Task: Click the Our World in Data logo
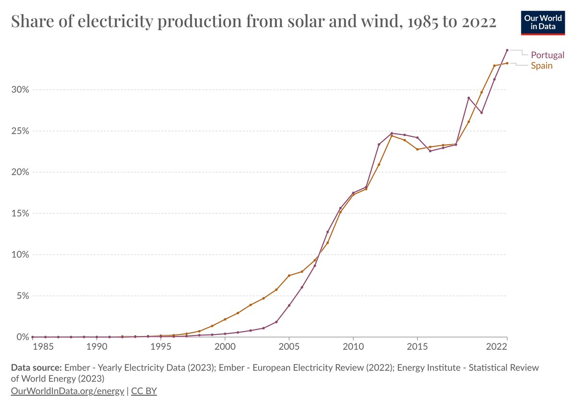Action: pos(543,23)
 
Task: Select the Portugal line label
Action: pos(548,55)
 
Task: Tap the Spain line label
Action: pos(541,66)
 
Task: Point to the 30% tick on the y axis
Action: pos(20,89)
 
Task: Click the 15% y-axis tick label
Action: pos(20,213)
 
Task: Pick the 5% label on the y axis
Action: pos(23,296)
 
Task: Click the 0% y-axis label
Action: pos(23,337)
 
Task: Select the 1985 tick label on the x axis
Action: pos(43,347)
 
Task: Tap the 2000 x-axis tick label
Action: pos(225,347)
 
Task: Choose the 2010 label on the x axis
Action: pos(353,347)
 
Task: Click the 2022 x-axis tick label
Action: pos(496,347)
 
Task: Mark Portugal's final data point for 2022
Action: pos(507,50)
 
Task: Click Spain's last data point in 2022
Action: pos(507,63)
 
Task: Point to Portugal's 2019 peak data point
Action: pos(468,98)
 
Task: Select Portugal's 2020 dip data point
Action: pos(481,112)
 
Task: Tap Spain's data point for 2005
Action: pos(289,275)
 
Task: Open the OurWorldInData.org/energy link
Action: pos(67,391)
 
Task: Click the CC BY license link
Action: pos(144,391)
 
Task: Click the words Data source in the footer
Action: pos(36,368)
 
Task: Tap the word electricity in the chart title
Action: pos(116,21)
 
